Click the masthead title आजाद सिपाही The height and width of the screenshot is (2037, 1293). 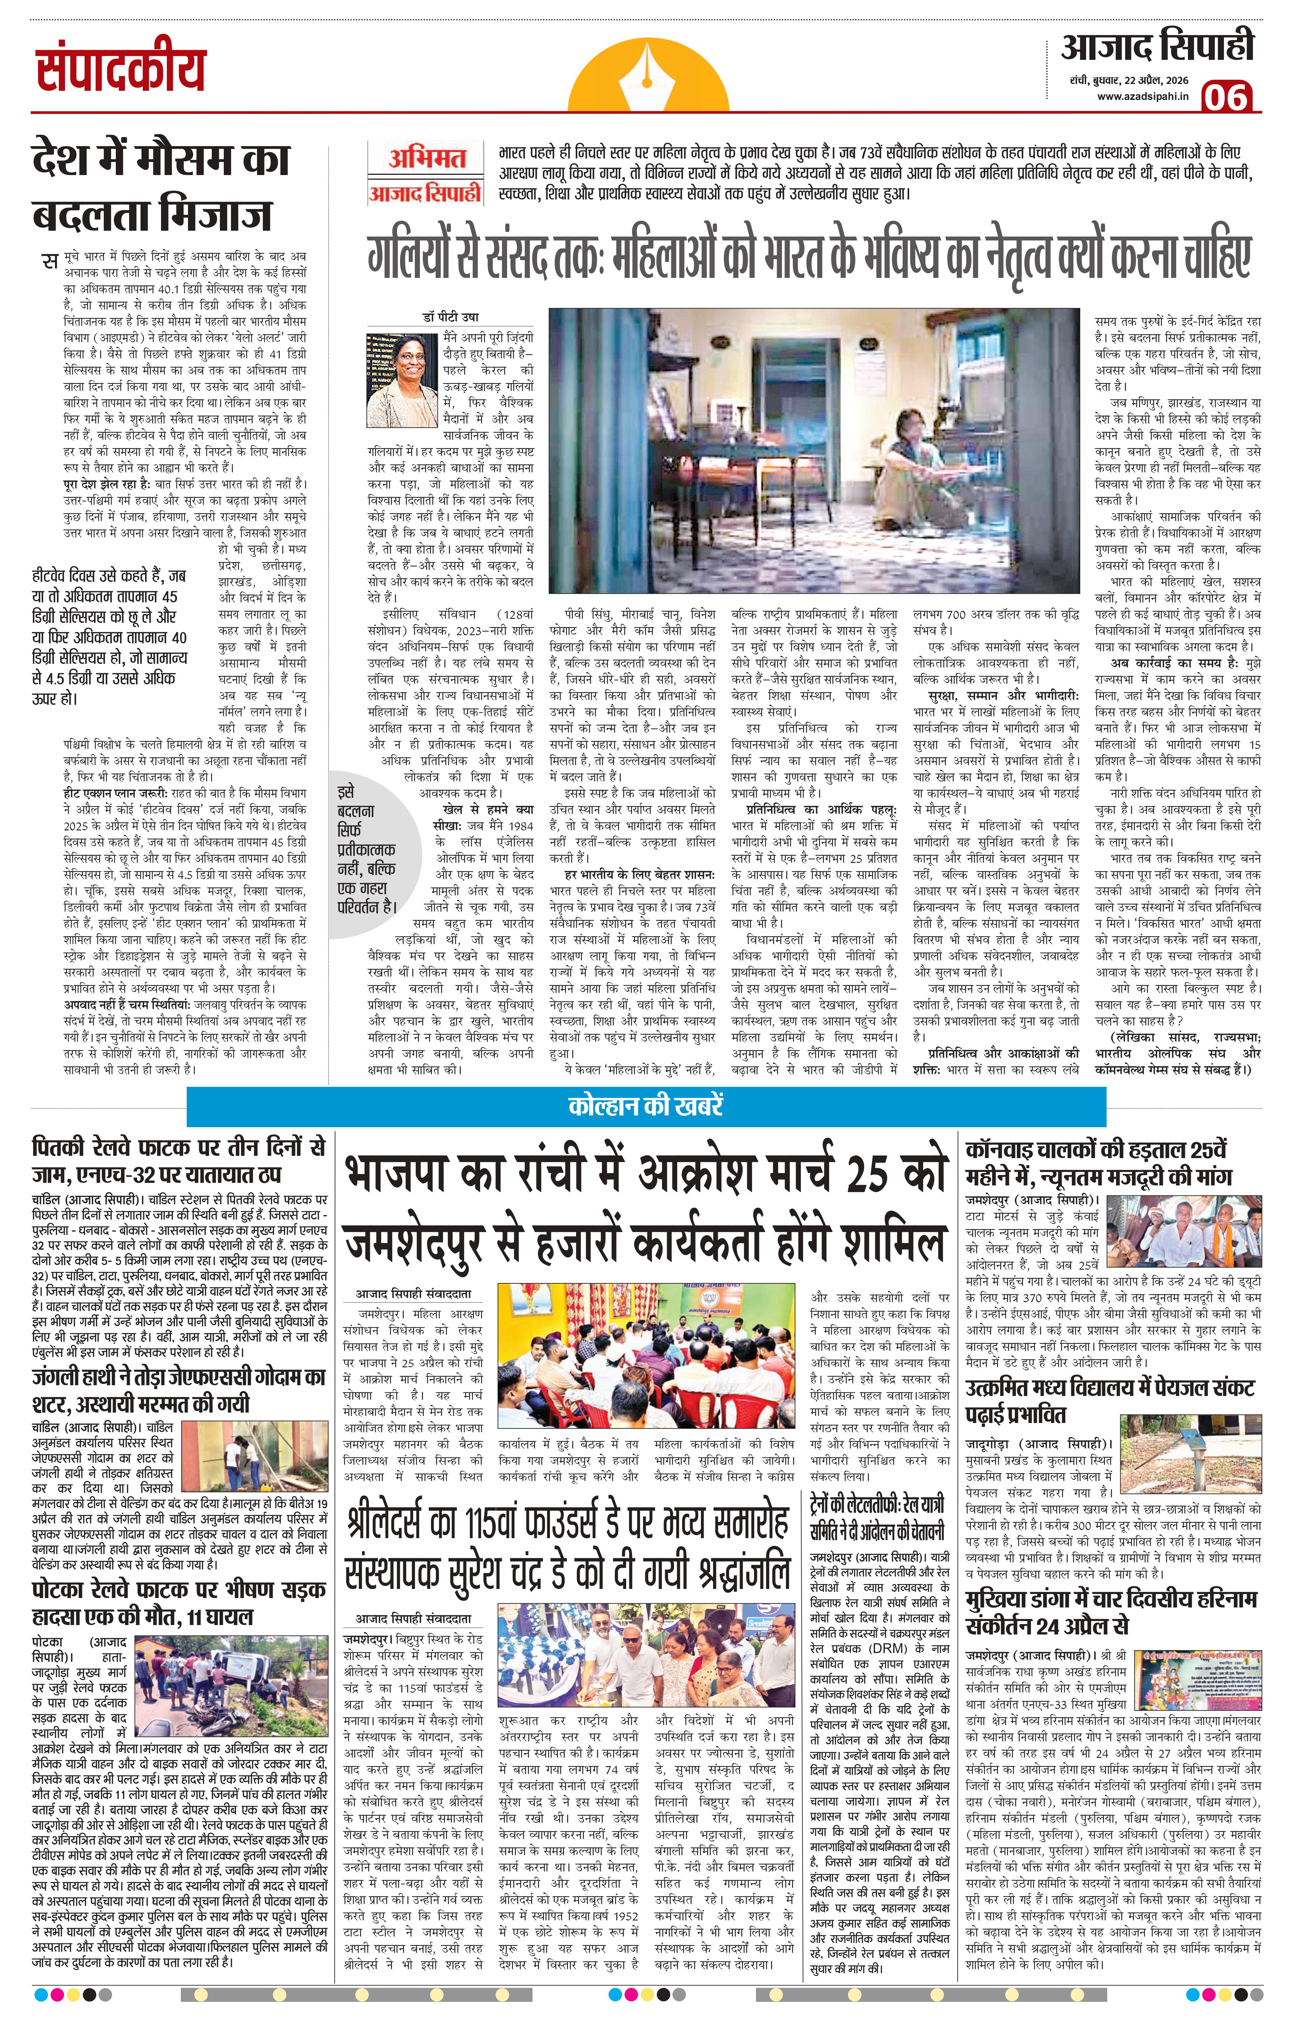(1157, 47)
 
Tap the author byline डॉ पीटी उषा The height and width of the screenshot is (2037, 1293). (451, 317)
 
